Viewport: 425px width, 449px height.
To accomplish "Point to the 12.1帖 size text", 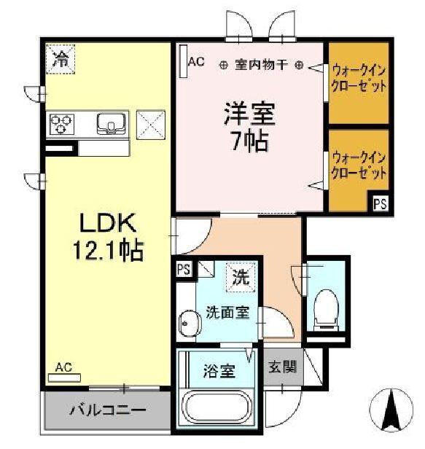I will pyautogui.click(x=106, y=251).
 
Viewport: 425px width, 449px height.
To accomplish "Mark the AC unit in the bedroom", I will pyautogui.click(x=182, y=63).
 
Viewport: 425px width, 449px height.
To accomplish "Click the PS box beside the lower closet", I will pyautogui.click(x=381, y=205).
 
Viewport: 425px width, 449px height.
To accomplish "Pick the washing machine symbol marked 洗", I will pyautogui.click(x=238, y=277).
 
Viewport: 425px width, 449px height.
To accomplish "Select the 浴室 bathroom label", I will pyautogui.click(x=218, y=370).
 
